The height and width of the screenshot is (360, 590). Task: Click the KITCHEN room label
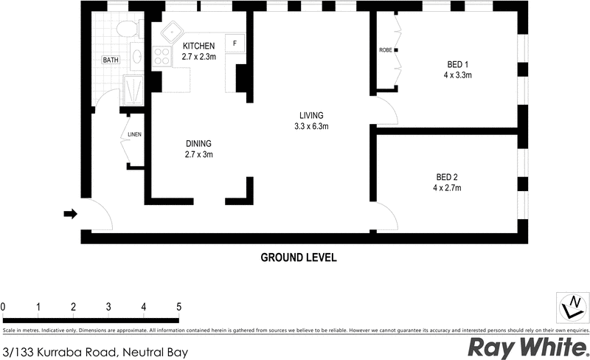(x=199, y=46)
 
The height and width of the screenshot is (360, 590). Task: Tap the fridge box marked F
(x=235, y=44)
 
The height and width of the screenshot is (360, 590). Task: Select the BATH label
(x=111, y=60)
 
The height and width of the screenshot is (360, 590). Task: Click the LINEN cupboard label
(x=134, y=135)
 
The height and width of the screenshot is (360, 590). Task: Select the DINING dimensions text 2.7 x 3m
(x=198, y=154)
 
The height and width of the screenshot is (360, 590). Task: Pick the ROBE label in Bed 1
(x=385, y=51)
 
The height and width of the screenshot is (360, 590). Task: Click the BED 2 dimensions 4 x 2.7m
(x=447, y=187)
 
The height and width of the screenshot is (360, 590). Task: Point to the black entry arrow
(x=70, y=214)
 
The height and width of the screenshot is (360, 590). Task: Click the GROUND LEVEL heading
(x=299, y=258)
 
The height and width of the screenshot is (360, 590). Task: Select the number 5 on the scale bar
(x=178, y=306)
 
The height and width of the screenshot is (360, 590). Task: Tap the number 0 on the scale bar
(x=4, y=306)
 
